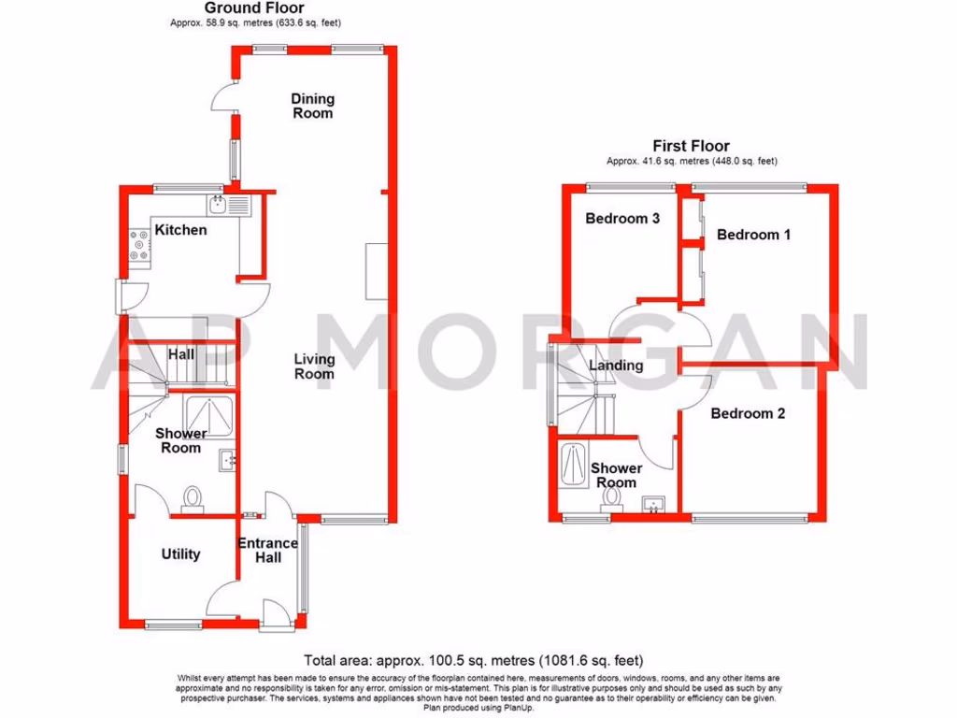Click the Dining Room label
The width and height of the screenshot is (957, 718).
[x=312, y=106]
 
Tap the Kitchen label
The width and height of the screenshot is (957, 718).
[x=180, y=230]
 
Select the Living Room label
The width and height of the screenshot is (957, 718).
[x=314, y=366]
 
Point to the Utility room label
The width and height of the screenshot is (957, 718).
[x=180, y=554]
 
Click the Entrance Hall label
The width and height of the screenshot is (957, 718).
[x=267, y=550]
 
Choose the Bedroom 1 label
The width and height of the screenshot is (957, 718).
[x=753, y=235]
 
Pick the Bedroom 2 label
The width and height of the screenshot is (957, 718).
[x=748, y=413]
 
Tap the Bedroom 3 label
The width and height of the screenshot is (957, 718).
[x=622, y=219]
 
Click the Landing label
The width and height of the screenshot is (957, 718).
[x=616, y=366]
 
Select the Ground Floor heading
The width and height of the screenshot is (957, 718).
[x=241, y=8]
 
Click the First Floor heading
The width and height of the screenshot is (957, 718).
[x=692, y=146]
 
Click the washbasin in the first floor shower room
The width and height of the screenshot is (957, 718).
[x=654, y=505]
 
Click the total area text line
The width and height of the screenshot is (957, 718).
[x=474, y=660]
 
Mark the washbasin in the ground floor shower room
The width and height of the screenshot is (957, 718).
[x=228, y=460]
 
